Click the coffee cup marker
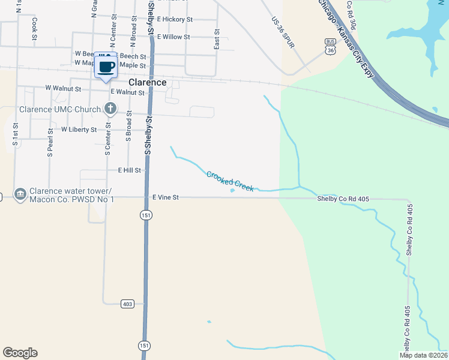pyautogui.click(x=106, y=67)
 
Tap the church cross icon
pyautogui.click(x=110, y=109)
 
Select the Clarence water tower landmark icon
pyautogui.click(x=19, y=194)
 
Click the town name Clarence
pyautogui.click(x=147, y=82)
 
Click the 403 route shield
pyautogui.click(x=127, y=304)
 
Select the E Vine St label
pyautogui.click(x=166, y=197)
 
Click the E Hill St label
pyautogui.click(x=130, y=170)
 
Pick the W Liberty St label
pyautogui.click(x=79, y=130)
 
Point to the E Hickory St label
pyautogui.click(x=175, y=19)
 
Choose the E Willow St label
pyautogui.click(x=173, y=37)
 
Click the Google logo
pyautogui.click(x=20, y=353)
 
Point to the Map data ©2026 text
pyautogui.click(x=424, y=355)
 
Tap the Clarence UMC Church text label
pyautogui.click(x=60, y=110)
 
